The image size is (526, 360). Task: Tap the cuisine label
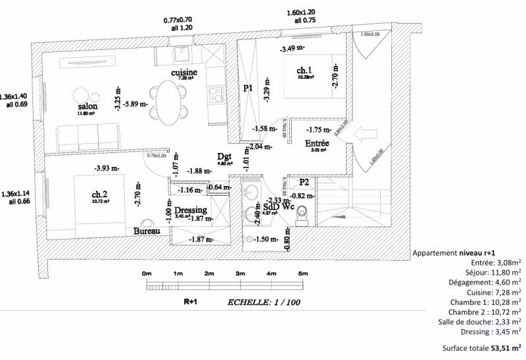coord(184,72)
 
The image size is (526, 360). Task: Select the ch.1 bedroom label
coord(304,70)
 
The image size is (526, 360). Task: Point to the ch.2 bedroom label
coord(100,194)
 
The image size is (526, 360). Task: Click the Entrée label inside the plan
coord(317,143)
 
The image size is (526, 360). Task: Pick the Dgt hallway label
coord(224,156)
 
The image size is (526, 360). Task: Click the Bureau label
coord(147,231)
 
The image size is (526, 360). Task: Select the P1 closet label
coord(248,88)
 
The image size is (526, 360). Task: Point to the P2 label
coord(304,183)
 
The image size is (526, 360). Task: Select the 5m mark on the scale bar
coord(302,273)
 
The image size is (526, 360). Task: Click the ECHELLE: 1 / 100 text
coord(263,303)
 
